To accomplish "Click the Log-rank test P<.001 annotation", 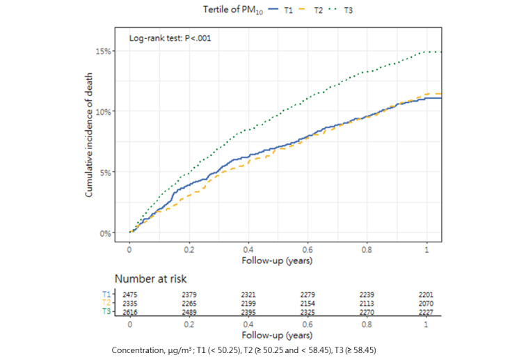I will coord(170,38).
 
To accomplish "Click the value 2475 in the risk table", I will coord(129,295).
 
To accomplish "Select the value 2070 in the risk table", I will coord(427,304).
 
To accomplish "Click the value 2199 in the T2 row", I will coord(248,304).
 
